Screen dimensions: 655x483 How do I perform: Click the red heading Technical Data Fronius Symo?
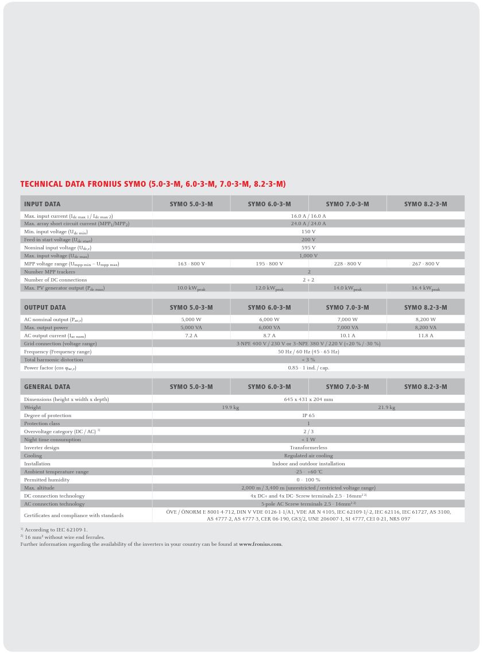[x=153, y=184]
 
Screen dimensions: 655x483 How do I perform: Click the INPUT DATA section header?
[x=42, y=204]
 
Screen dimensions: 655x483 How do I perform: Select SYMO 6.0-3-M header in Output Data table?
[x=269, y=307]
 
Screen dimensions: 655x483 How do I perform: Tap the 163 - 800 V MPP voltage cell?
[x=191, y=264]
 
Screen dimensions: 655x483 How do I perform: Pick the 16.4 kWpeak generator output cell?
[x=425, y=288]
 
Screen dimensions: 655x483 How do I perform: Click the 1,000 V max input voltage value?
[x=308, y=256]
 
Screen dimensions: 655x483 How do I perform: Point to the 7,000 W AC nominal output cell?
[x=347, y=319]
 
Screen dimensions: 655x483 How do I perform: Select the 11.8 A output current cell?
[x=425, y=336]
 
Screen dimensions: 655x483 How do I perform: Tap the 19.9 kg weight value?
[x=230, y=407]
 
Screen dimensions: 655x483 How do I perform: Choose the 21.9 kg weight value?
[x=386, y=407]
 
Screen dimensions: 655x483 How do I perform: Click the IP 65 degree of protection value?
[x=308, y=415]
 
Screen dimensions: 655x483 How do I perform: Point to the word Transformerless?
[x=308, y=448]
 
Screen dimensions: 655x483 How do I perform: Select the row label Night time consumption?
[x=52, y=440]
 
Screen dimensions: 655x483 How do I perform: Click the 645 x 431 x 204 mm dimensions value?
[x=308, y=399]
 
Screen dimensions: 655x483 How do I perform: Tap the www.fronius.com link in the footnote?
[x=260, y=544]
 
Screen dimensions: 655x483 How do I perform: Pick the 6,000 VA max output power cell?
[x=269, y=327]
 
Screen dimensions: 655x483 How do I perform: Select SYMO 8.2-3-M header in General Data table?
[x=425, y=387]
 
